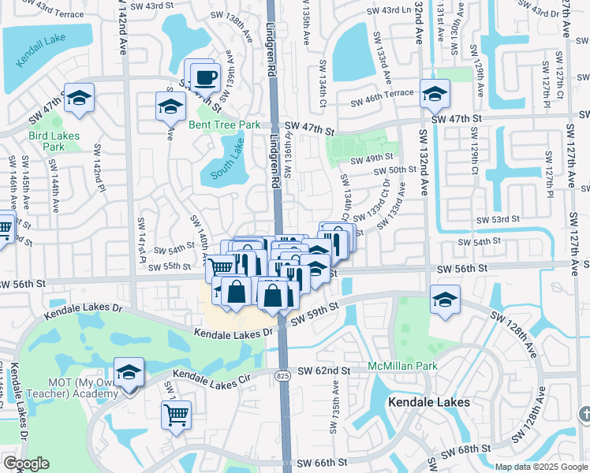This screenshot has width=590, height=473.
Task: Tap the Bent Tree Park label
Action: click(224, 125)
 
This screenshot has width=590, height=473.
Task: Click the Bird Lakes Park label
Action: click(54, 141)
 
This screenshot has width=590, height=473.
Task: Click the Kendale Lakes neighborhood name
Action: click(429, 402)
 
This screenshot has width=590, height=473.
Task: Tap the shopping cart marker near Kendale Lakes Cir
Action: click(176, 412)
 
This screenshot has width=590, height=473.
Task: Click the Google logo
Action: click(25, 464)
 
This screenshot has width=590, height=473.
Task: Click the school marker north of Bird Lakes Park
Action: click(79, 98)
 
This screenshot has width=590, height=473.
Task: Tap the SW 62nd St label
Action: click(323, 371)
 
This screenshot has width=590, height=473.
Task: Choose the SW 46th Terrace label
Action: click(383, 102)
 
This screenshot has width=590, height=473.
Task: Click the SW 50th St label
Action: click(394, 170)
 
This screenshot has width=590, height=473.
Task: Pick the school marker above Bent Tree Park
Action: click(170, 106)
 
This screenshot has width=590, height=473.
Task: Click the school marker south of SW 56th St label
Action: click(445, 300)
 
